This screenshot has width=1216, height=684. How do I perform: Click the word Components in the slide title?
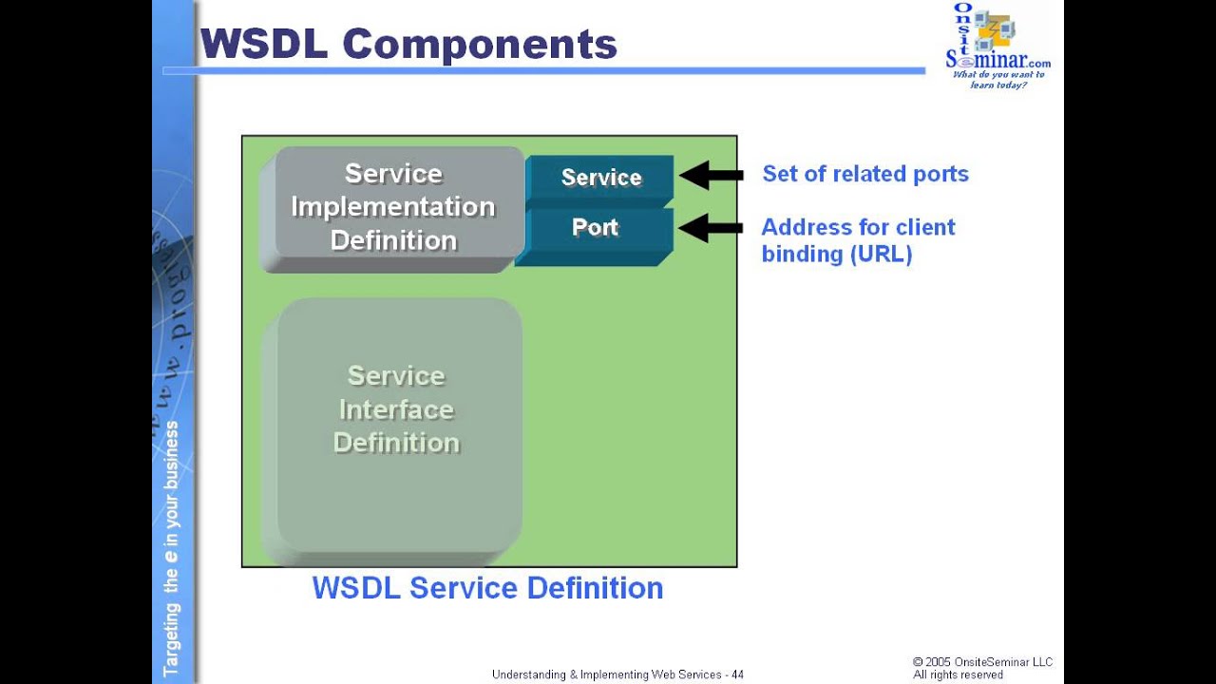coord(480,45)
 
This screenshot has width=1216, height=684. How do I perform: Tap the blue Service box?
coord(599,178)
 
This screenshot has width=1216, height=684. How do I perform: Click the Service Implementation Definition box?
coord(393,207)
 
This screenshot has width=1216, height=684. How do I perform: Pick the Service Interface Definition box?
coord(397,423)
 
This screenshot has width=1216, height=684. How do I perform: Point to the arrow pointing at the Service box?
coord(712,175)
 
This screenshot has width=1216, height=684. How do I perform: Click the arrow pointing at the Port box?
coord(712,228)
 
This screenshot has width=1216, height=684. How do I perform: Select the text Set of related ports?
coord(864,174)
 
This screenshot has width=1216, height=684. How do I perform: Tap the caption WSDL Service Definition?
coord(487,588)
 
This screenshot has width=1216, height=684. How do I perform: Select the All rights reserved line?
coord(958,674)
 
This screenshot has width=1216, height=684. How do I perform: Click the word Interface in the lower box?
coord(396,409)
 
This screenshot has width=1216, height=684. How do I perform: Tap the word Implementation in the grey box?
coord(392,207)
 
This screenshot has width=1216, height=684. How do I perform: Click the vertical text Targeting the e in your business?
coord(171,548)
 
